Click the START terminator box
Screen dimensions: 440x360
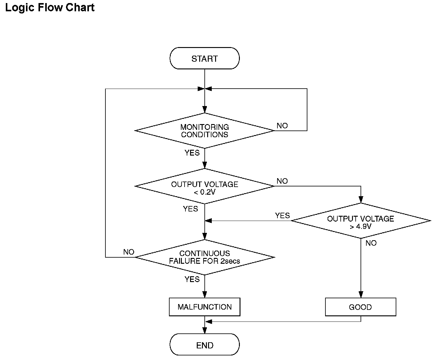tap(204, 58)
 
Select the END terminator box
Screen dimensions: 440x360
tap(204, 344)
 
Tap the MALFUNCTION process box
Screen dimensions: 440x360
tap(204, 307)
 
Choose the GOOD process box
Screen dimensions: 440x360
tap(361, 307)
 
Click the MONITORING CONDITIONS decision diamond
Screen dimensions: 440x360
tap(204, 130)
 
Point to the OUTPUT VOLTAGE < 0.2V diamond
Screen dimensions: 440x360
tap(204, 186)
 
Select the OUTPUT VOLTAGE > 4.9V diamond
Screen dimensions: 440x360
tap(361, 221)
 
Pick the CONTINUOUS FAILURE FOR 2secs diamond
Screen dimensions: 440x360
tap(204, 257)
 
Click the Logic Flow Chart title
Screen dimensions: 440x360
tap(50, 8)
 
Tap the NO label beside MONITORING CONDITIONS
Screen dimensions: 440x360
tap(282, 126)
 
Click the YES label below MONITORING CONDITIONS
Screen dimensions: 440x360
tap(192, 153)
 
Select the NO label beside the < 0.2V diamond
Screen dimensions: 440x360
tap(282, 181)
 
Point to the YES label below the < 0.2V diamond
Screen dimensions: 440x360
tap(190, 209)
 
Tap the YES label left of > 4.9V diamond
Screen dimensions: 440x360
tap(282, 215)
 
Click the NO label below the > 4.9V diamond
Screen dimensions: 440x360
tap(371, 243)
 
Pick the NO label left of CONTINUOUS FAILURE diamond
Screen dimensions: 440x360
tap(129, 252)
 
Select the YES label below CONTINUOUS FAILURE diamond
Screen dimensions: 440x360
tap(192, 279)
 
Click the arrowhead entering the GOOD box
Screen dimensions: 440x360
tap(361, 295)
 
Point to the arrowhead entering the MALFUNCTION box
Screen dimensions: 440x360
tap(205, 295)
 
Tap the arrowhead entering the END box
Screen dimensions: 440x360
tap(205, 330)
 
